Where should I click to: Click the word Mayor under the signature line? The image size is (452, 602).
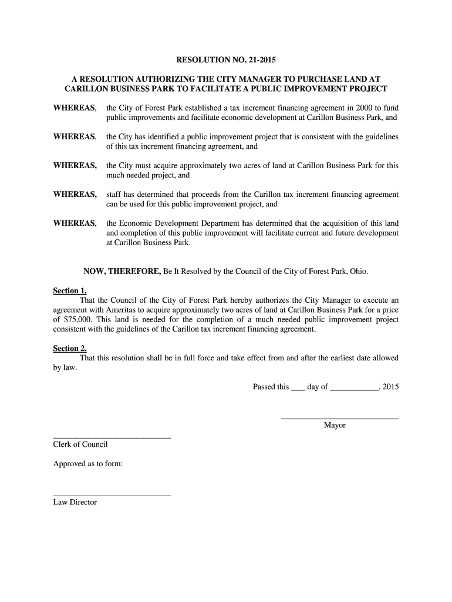click(x=335, y=425)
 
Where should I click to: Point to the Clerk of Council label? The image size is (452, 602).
click(x=80, y=444)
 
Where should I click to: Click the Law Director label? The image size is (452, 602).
click(x=75, y=502)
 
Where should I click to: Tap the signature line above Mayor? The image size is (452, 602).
click(x=340, y=419)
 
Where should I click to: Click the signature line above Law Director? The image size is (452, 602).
click(x=112, y=496)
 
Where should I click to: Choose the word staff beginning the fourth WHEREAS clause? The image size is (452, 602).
click(x=114, y=195)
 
